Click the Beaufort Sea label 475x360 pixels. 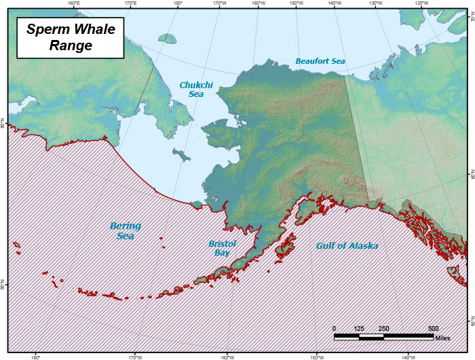[320, 61]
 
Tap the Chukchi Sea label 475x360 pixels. [191, 89]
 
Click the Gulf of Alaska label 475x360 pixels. [347, 245]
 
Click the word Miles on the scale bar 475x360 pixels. [442, 338]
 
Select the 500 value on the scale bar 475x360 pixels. [433, 328]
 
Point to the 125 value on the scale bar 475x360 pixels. [359, 328]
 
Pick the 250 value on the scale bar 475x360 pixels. [383, 328]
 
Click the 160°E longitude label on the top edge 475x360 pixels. [74, 3]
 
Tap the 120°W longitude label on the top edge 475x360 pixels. [420, 3]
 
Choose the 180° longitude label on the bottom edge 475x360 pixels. [36, 357]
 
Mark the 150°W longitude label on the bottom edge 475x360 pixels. [316, 357]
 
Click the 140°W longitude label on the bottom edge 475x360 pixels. [408, 357]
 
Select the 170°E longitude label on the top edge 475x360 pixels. [130, 3]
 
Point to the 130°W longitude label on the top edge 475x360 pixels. [375, 3]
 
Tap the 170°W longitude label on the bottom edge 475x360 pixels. [134, 357]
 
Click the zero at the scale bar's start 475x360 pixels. [335, 328]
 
